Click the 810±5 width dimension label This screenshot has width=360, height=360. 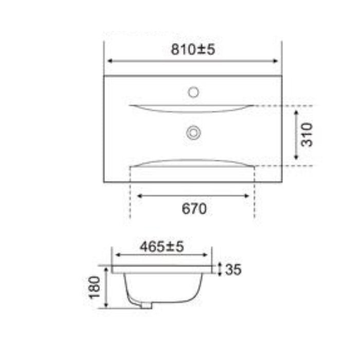click(x=193, y=49)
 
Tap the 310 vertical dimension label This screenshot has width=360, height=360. click(x=307, y=135)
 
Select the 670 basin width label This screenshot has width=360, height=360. click(x=194, y=208)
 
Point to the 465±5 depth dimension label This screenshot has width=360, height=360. click(x=161, y=247)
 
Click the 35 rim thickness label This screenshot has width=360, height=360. click(x=233, y=269)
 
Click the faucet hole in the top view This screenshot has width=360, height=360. click(x=193, y=93)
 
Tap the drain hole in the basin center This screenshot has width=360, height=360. click(x=193, y=133)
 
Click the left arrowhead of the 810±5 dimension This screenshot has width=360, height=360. click(x=109, y=61)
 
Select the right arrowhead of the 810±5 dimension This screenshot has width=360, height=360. click(x=277, y=61)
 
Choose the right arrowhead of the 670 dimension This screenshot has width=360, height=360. click(x=248, y=196)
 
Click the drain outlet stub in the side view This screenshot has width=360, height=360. click(x=148, y=306)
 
